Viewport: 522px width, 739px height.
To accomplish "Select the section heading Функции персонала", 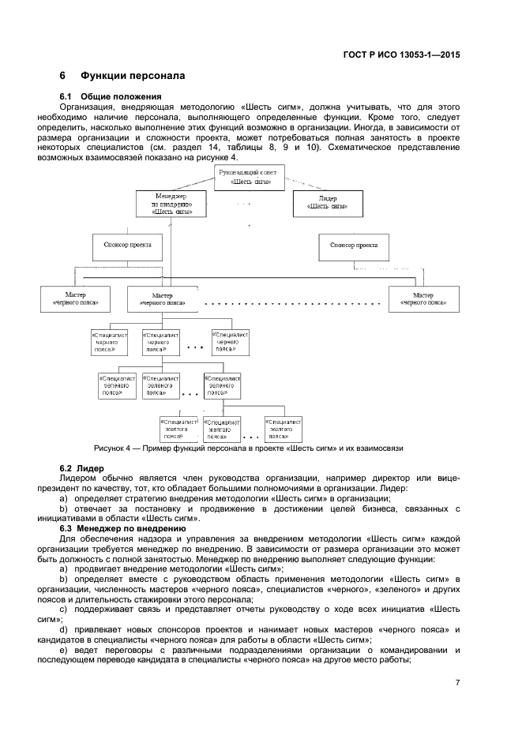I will point(132,77).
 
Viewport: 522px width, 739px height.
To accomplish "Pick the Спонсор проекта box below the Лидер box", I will point(353,246).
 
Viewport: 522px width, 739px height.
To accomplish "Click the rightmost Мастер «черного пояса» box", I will point(422,298).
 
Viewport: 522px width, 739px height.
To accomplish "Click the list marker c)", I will point(64,609).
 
